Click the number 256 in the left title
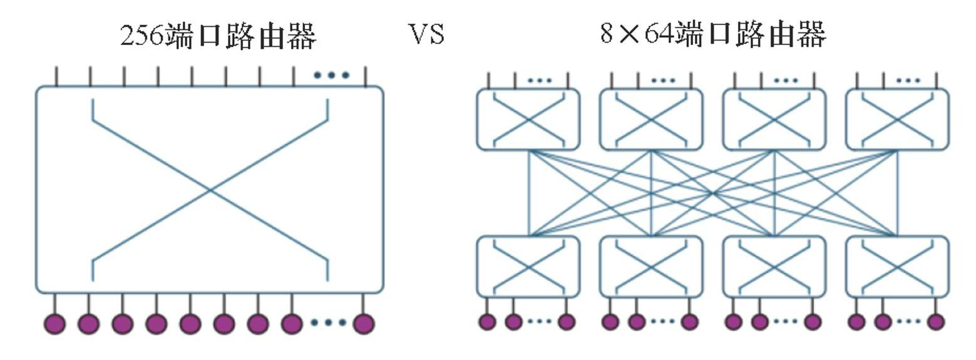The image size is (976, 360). [143, 36]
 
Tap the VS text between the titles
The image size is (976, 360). [427, 34]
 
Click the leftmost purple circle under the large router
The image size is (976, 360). [55, 324]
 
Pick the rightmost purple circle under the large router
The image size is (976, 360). [364, 324]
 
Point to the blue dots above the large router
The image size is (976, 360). [331, 76]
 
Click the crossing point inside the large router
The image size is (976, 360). [210, 189]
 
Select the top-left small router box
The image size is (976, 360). [528, 120]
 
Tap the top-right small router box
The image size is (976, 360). [897, 120]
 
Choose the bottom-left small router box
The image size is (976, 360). [528, 267]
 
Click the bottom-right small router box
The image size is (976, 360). [897, 267]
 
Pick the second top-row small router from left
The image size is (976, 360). [651, 120]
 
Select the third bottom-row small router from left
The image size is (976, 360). [774, 267]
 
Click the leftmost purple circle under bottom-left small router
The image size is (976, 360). [487, 322]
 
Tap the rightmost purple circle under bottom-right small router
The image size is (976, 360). [936, 322]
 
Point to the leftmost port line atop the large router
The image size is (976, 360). [56, 76]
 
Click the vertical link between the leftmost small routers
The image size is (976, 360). [530, 193]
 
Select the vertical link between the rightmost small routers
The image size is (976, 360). [898, 193]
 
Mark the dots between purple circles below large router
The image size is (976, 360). [329, 323]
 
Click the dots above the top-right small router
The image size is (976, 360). [908, 80]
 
